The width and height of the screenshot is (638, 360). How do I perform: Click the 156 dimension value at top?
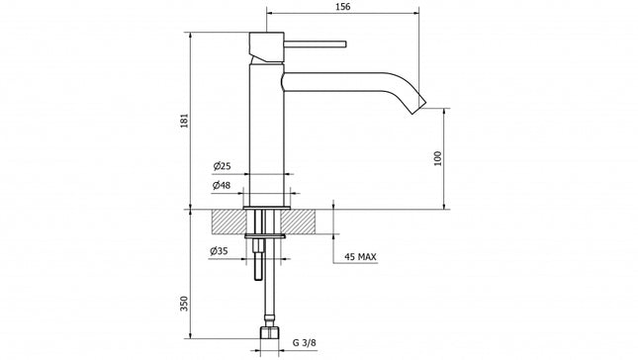(343, 6)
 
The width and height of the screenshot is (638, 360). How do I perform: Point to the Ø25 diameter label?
(222, 165)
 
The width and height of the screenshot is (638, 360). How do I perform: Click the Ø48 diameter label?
(222, 185)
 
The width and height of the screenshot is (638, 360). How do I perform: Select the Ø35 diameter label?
(220, 251)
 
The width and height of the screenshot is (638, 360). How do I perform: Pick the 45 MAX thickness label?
(360, 257)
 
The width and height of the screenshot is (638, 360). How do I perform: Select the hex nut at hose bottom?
(267, 333)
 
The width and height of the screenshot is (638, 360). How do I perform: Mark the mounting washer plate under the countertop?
(267, 235)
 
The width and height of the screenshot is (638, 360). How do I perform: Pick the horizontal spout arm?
(336, 80)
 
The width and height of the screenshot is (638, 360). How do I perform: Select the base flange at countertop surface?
(267, 206)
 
